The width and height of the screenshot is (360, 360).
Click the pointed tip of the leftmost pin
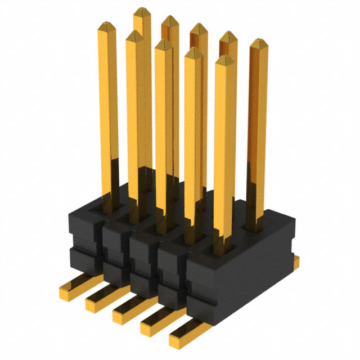click(x=106, y=25)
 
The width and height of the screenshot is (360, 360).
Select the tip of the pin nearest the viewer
click(x=223, y=59)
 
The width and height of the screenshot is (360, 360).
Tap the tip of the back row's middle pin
click(x=197, y=28)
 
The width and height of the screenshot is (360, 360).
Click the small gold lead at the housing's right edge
click(x=295, y=259)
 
